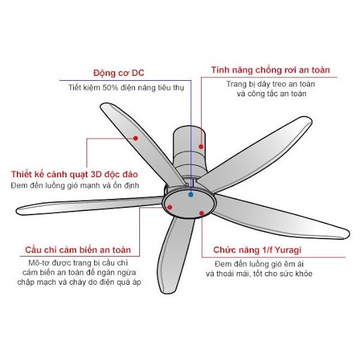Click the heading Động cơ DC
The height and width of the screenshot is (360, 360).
click(119, 73)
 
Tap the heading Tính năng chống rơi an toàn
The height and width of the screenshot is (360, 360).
click(271, 70)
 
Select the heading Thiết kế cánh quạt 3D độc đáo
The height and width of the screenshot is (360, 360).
click(75, 174)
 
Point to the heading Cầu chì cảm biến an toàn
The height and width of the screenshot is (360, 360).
click(78, 250)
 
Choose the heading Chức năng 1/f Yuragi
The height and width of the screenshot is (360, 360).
click(257, 250)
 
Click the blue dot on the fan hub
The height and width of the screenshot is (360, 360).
click(191, 195)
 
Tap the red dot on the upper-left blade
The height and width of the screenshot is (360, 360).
click(136, 139)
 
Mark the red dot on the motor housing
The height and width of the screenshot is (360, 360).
click(201, 147)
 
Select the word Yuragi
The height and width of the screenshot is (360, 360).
click(288, 250)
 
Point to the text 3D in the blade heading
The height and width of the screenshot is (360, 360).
click(96, 174)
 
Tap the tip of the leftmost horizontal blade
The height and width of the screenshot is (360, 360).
click(18, 211)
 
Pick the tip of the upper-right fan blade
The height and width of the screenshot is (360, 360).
click(310, 120)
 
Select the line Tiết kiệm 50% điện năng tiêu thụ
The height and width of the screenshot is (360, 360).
click(126, 88)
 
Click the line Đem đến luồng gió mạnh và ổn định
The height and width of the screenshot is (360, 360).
click(75, 186)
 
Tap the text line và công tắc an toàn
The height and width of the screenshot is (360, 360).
click(271, 94)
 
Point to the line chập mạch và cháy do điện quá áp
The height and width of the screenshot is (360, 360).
click(79, 282)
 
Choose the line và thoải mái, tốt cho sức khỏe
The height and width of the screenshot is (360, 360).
click(259, 274)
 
